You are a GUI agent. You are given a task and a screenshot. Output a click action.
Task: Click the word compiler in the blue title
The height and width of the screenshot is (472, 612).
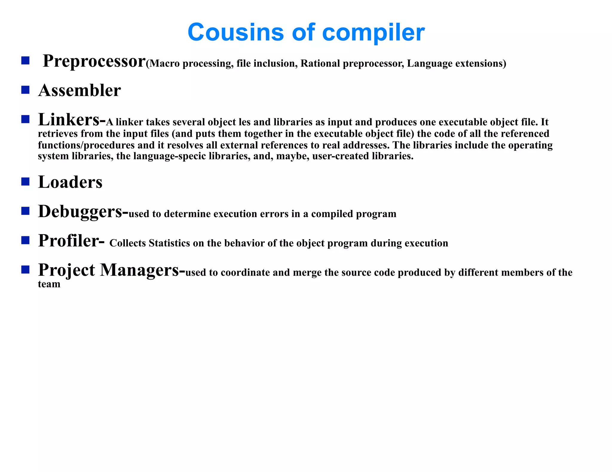(x=374, y=33)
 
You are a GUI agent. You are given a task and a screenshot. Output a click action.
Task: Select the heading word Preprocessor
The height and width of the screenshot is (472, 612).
(x=94, y=61)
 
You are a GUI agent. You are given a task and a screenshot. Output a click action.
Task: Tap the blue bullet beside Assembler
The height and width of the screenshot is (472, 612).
(x=25, y=90)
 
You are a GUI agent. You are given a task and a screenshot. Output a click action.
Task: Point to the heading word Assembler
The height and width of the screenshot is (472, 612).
(x=79, y=90)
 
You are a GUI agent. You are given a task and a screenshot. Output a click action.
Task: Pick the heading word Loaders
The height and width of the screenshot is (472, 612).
(x=70, y=182)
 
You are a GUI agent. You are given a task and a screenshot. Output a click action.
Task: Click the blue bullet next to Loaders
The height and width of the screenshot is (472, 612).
(x=25, y=181)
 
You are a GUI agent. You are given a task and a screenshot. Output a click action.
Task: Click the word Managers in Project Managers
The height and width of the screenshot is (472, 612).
(x=140, y=270)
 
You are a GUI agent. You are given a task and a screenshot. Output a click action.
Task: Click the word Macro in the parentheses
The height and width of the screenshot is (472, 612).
(x=164, y=64)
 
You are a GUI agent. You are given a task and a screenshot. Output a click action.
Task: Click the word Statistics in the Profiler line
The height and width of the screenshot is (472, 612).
(x=169, y=243)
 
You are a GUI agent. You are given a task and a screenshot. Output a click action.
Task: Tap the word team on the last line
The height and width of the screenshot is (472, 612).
(x=49, y=284)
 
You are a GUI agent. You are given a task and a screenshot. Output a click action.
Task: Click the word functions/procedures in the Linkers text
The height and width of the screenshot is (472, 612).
(x=86, y=145)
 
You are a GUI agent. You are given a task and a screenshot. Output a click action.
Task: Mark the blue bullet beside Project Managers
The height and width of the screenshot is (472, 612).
(x=25, y=270)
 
